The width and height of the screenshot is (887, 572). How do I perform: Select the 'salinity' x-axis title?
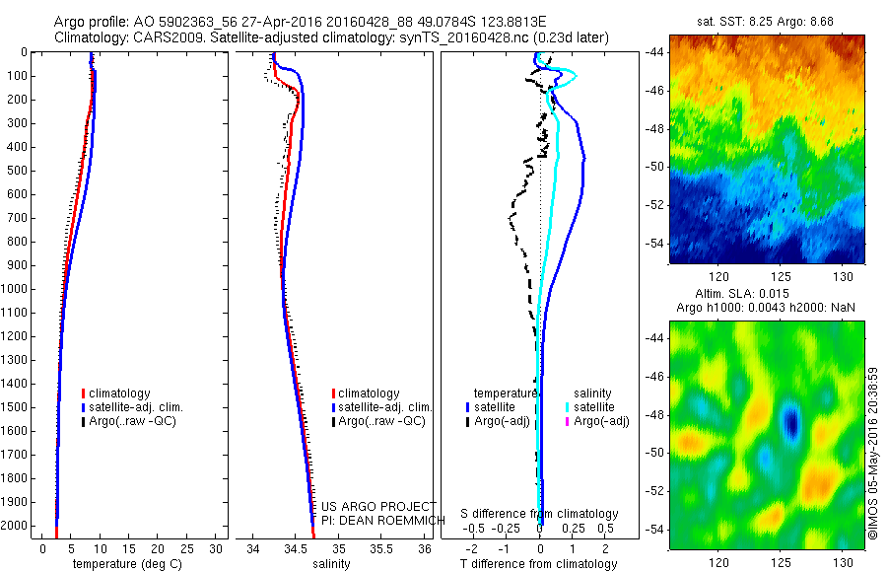[332, 565]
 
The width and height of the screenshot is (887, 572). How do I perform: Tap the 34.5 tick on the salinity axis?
[297, 548]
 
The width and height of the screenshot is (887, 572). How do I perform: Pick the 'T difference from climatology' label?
[539, 565]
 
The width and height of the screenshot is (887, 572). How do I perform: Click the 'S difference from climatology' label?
[539, 515]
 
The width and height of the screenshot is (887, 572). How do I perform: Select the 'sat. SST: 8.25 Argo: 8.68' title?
[766, 20]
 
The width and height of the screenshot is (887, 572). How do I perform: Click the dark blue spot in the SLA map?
[790, 422]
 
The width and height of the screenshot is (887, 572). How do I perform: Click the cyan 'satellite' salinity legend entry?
[595, 407]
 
